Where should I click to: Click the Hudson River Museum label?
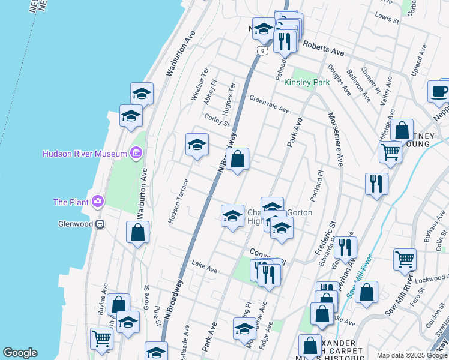coord(84,154)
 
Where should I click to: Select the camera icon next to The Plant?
coord(96,202)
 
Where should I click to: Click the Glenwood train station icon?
coord(101,224)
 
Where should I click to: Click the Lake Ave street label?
coord(204,266)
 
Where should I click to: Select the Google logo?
coord(20,353)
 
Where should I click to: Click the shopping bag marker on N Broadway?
coord(238,160)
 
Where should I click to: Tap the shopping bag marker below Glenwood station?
coord(138,233)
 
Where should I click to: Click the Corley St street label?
coord(217,120)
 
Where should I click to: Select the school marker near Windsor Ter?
coord(197,145)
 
